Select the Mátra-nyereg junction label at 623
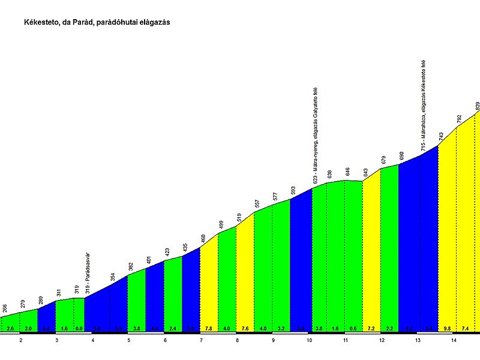pos(316,136)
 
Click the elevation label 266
pos(5,308)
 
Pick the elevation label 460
pos(203,238)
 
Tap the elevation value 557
pos(257,204)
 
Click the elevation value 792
pos(459,119)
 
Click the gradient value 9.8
pos(446,329)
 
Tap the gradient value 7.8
pos(208,329)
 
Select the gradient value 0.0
pos(79,329)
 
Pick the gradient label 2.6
pos(10,329)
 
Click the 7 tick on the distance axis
pos(201,340)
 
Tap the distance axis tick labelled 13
pos(417,340)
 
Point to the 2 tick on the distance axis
pos(20,340)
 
